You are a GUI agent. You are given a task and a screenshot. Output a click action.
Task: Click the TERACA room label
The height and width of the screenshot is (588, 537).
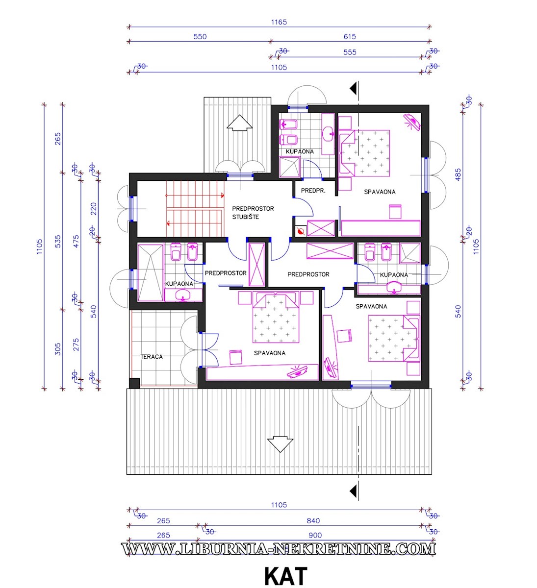(152, 357)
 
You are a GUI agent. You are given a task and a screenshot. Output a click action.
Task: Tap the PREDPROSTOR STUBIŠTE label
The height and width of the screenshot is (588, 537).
(253, 213)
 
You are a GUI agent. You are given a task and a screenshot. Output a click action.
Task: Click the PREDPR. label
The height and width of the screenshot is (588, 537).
(313, 191)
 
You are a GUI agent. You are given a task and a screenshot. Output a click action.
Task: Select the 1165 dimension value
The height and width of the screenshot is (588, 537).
(279, 22)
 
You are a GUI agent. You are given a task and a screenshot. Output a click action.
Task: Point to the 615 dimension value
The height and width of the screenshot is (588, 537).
(350, 37)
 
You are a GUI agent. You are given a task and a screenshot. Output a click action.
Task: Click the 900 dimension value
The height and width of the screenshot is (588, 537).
(315, 535)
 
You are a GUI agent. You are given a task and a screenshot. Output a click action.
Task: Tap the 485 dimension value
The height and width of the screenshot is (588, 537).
(458, 174)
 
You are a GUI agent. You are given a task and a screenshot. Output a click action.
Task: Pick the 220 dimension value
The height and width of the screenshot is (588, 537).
(94, 209)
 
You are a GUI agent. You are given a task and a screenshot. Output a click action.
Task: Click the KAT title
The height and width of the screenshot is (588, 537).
(286, 576)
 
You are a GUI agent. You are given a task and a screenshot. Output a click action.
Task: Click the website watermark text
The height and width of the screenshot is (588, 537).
(279, 549)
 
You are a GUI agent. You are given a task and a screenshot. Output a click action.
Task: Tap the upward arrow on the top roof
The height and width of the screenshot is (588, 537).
(239, 123)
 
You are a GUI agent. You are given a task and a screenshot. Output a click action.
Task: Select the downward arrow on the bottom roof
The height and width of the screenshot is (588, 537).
(280, 443)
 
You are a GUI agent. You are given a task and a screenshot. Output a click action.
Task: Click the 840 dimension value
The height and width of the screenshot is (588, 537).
(313, 520)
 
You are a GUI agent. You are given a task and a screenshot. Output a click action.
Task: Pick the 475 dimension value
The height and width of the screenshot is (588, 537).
(76, 241)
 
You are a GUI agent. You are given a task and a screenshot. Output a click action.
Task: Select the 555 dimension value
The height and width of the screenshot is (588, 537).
(350, 52)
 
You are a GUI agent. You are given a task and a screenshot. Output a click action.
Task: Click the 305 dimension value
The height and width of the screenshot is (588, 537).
(57, 349)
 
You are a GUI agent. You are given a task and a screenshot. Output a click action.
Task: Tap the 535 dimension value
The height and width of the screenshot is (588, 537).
(58, 241)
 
